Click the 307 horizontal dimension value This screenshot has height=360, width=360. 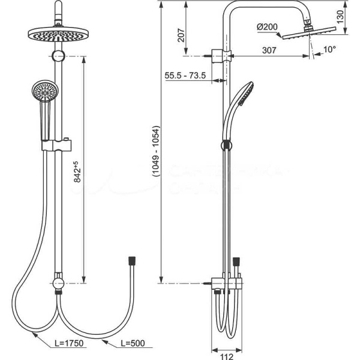269,50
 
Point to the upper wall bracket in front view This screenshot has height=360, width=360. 58,56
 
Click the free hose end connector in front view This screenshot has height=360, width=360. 131,262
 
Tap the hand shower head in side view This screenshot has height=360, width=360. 243,93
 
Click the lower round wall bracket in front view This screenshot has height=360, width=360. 58,281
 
